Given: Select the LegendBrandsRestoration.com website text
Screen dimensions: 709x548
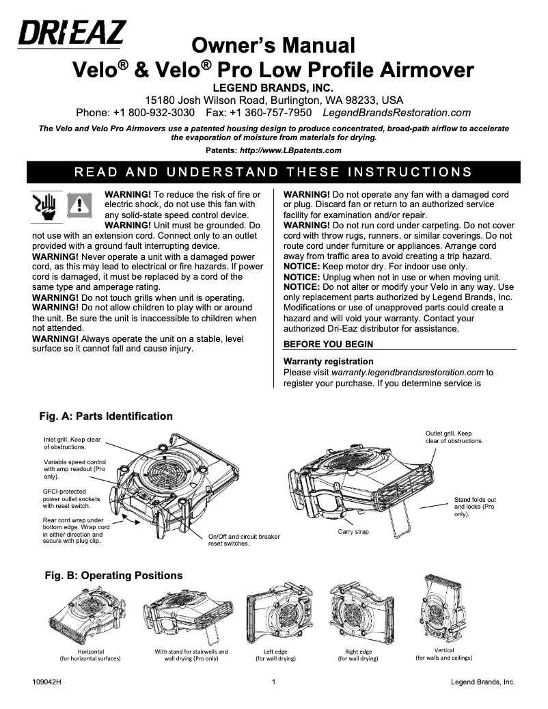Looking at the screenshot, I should tap(396, 112).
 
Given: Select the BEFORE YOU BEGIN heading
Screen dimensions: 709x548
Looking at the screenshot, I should tap(328, 343).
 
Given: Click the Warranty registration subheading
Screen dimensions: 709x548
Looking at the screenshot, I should tap(328, 361).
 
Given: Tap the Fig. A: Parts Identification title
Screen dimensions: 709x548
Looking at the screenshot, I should tap(106, 416).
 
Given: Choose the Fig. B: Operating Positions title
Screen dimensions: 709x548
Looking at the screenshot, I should tap(113, 576).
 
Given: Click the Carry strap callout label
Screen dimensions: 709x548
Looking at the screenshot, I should tap(353, 531).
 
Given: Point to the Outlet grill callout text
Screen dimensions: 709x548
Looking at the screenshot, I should tap(448, 437).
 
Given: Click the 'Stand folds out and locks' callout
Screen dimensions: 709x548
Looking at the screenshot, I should tap(475, 507).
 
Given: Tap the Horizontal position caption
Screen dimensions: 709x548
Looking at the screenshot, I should tap(90, 655).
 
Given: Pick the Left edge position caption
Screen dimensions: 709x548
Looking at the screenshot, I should tap(275, 655).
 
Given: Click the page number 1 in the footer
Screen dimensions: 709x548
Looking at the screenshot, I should tap(273, 682).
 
